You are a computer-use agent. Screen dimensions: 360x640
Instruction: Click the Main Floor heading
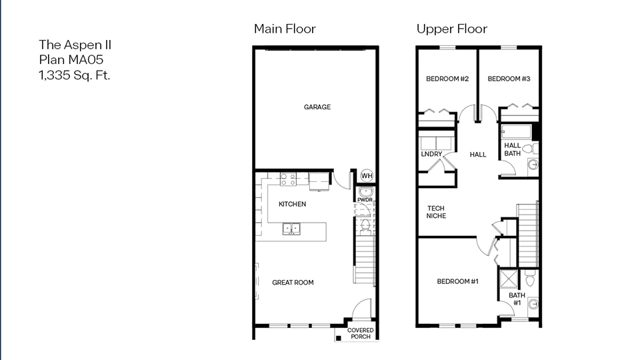285,29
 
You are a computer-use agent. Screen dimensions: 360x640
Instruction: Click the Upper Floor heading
451,29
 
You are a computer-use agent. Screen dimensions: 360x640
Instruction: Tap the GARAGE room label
317,107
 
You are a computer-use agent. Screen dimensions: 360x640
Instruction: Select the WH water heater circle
367,176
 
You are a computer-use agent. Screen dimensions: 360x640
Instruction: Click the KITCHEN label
292,204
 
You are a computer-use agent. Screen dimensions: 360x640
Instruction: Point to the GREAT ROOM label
293,283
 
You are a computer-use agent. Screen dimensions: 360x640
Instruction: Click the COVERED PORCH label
361,333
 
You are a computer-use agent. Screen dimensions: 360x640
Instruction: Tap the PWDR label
365,199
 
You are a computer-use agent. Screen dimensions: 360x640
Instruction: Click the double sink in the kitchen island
291,229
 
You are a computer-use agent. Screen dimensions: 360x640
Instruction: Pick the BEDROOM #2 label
447,79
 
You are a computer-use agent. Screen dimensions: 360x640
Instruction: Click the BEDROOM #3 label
509,79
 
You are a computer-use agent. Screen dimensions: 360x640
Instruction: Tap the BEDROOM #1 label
458,281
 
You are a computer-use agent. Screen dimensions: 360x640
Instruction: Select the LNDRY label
431,155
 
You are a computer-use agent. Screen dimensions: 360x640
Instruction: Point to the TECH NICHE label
437,212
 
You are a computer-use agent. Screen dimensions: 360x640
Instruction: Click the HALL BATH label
513,149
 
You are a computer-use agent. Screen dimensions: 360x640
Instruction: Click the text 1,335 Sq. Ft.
74,75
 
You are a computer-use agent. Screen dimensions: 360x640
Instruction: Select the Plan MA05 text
71,60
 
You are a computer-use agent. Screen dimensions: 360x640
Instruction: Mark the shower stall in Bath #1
509,278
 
